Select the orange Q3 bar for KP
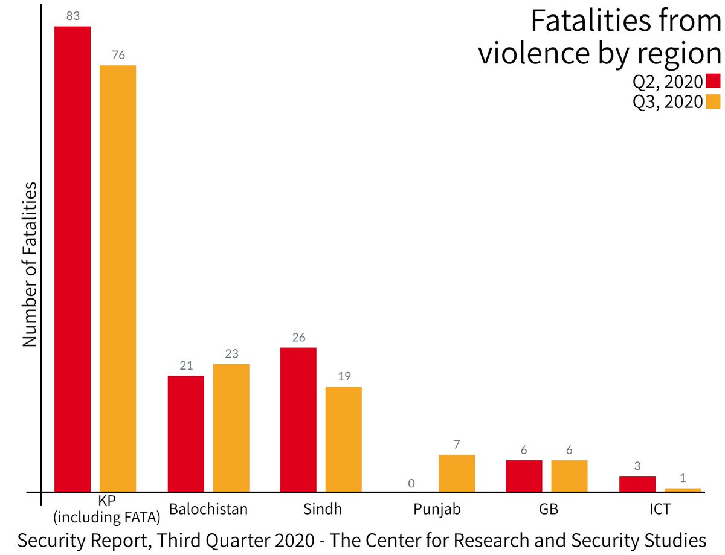tap(118, 278)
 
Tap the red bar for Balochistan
tap(185, 433)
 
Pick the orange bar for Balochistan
tap(231, 427)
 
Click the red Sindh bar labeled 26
tap(298, 419)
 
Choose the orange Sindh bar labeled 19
tap(344, 438)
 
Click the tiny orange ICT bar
tap(683, 489)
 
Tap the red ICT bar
tap(637, 484)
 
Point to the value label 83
tap(73, 16)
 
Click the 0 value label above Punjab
tap(411, 483)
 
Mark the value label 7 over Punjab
tap(457, 444)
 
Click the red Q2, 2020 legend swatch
tap(714, 82)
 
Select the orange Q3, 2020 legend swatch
tap(714, 101)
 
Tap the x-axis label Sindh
tap(321, 509)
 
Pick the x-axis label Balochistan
tap(208, 509)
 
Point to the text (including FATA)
tap(106, 517)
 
